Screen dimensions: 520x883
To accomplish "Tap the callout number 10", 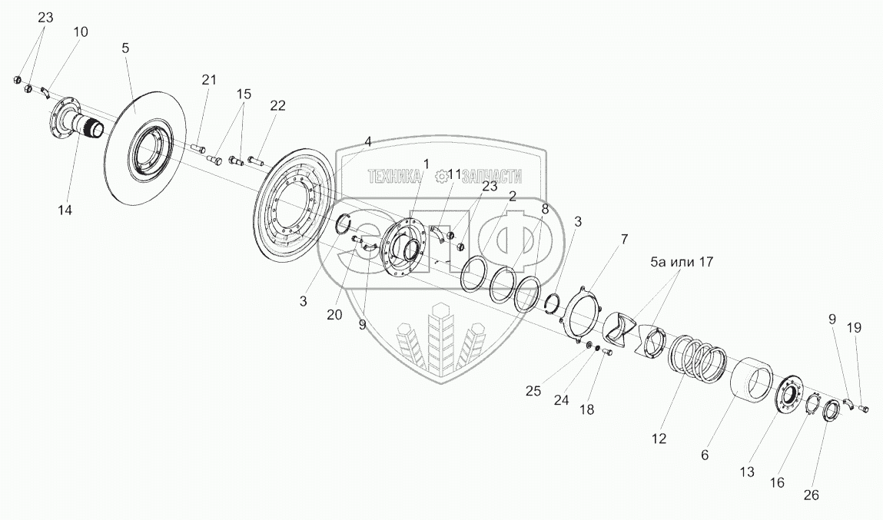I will [81, 32].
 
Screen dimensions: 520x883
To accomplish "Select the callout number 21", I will [210, 79].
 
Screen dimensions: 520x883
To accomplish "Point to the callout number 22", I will [277, 106].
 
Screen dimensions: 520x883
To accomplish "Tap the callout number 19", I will [855, 327].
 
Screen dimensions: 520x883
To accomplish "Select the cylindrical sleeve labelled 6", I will [751, 383].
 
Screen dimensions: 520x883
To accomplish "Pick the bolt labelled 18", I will [604, 352].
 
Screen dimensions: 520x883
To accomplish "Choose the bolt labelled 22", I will [255, 162].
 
